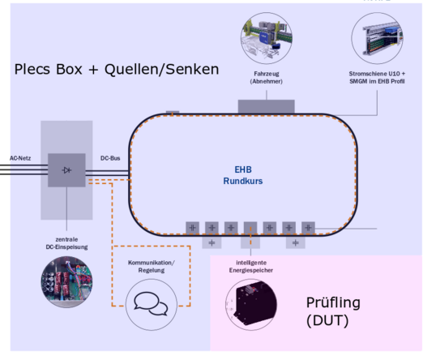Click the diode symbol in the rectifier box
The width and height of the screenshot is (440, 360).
click(66, 170)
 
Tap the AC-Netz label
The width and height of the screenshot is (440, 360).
click(20, 158)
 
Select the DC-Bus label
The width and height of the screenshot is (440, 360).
click(110, 158)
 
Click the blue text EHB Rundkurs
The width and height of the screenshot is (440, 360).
click(243, 175)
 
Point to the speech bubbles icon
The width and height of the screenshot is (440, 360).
click(151, 304)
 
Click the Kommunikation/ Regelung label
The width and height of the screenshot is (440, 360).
click(152, 267)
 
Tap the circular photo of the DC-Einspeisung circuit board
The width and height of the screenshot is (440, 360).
click(66, 281)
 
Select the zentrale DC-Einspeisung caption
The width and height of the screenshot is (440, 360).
click(66, 243)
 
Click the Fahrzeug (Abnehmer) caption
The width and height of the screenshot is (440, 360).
click(267, 78)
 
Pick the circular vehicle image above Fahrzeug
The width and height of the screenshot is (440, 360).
click(267, 38)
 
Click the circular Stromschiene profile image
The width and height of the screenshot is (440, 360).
click(377, 38)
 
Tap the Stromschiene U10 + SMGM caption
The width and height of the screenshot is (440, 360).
click(377, 78)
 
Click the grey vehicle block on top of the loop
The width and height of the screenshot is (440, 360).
click(267, 107)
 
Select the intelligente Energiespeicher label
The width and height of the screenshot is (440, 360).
click(251, 267)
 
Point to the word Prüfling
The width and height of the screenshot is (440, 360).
click(333, 303)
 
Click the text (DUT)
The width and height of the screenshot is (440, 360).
click(327, 321)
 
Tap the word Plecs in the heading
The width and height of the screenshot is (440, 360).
click(33, 70)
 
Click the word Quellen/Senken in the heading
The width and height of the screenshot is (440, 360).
click(161, 70)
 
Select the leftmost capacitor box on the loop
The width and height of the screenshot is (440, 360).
click(193, 228)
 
